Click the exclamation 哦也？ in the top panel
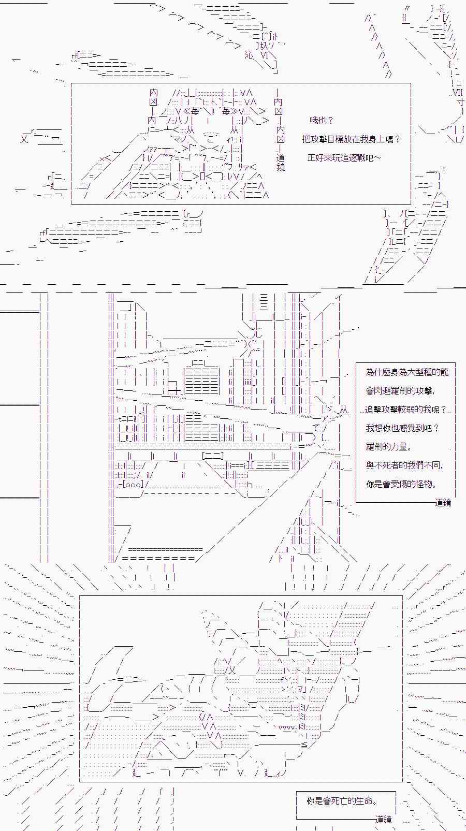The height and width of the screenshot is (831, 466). tap(322, 121)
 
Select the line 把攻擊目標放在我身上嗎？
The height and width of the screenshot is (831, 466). tap(351, 139)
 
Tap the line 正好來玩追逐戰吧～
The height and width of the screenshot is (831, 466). tap(344, 157)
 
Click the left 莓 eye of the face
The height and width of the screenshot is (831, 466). tap(195, 111)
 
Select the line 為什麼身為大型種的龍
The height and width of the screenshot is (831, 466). tap(407, 372)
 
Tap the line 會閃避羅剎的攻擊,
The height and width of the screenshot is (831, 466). tap(400, 391)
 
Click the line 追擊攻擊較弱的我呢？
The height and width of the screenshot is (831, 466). tap(405, 410)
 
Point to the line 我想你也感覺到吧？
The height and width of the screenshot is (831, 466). tap(402, 428)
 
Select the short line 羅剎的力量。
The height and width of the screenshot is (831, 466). tap(389, 447)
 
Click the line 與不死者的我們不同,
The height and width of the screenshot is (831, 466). tap(404, 465)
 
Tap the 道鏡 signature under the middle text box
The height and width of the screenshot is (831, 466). tap(443, 502)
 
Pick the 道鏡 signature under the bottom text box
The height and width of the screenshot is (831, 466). tap(384, 820)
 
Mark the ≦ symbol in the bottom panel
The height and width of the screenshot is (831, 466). tap(304, 745)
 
